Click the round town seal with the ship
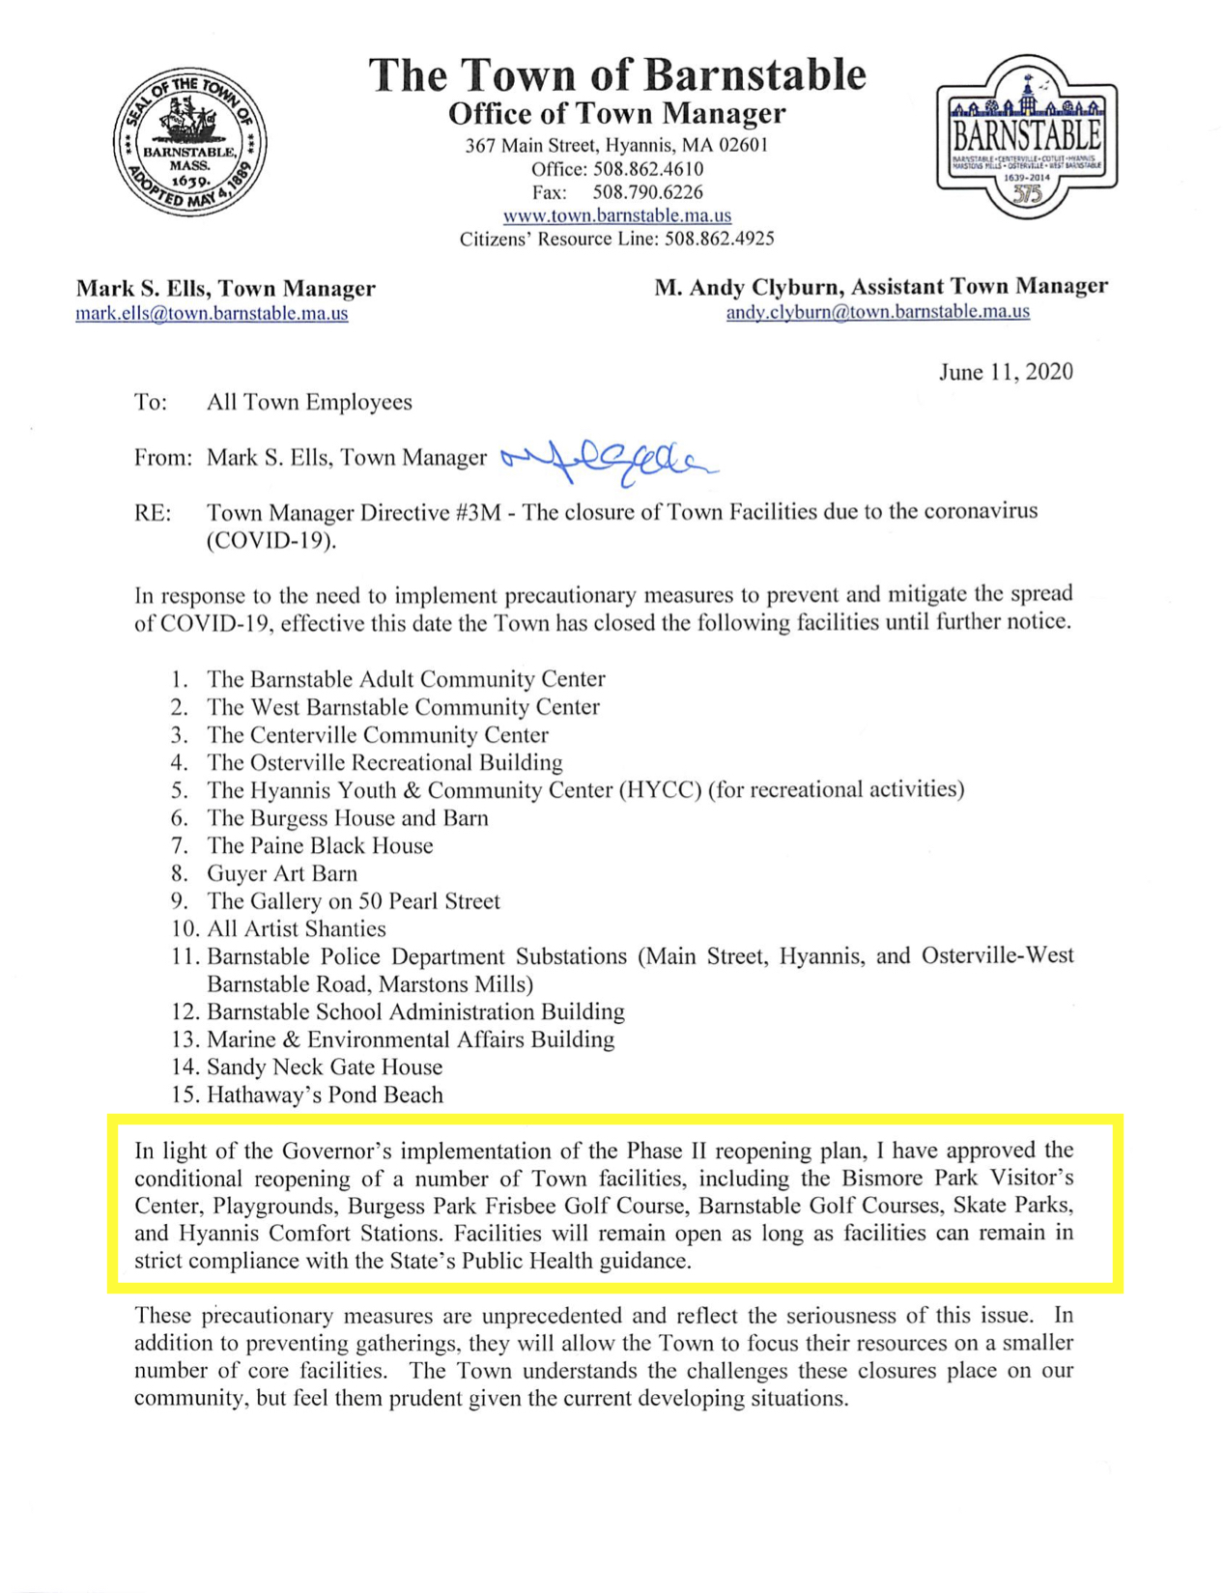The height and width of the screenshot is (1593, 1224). tap(190, 141)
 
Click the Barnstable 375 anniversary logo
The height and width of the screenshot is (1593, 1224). tap(1026, 136)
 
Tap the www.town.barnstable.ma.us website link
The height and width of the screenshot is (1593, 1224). tap(616, 215)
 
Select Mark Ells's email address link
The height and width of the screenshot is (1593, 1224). tap(212, 314)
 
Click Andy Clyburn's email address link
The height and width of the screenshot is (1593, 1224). tap(877, 312)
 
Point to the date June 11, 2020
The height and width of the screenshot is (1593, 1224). tap(1005, 372)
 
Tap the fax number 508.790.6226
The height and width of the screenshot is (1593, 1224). tap(647, 192)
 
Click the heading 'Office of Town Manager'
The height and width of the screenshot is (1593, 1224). tap(616, 114)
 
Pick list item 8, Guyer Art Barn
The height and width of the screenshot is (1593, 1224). tap(281, 873)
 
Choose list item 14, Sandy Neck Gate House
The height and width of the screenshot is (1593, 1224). tap(324, 1067)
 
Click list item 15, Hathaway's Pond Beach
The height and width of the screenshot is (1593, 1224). tap(325, 1095)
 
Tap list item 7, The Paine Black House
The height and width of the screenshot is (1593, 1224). tap(319, 845)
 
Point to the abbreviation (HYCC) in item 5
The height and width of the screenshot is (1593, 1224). tap(661, 790)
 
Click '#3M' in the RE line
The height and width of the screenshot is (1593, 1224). tap(476, 512)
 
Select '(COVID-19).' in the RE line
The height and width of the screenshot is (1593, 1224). tap(271, 540)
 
